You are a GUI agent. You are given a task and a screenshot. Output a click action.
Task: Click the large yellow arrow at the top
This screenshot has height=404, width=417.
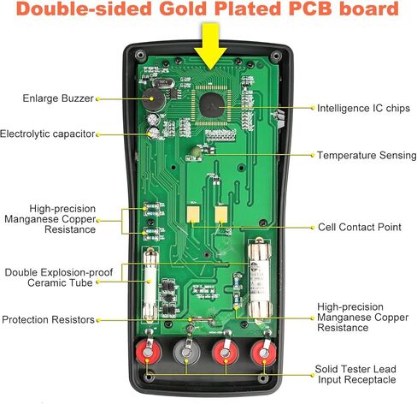210,45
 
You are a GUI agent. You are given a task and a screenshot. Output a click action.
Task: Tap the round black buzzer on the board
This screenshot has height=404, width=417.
153,99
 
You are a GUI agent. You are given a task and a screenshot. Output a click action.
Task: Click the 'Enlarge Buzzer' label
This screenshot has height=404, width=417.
58,98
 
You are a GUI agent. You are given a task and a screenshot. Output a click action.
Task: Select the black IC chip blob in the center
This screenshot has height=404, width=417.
212,105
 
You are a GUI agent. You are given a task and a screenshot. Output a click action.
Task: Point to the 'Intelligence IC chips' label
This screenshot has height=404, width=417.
363,108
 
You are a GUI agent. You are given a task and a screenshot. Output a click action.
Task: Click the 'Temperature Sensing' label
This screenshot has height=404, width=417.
367,155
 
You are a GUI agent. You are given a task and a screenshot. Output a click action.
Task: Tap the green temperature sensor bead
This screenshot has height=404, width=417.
197,151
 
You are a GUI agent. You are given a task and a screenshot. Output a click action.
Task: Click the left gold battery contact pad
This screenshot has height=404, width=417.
193,214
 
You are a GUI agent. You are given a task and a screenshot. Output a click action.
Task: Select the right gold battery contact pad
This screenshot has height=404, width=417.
221,214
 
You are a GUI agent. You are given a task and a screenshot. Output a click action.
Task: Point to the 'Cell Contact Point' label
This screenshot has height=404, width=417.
360,227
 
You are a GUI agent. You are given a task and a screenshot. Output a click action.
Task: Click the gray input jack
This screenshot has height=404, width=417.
186,353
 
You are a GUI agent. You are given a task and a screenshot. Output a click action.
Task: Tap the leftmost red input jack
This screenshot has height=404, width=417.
148,353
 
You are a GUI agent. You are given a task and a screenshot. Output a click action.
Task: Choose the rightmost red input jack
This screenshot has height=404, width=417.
263,353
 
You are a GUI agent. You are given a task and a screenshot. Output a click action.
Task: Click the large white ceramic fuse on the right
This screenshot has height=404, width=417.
260,281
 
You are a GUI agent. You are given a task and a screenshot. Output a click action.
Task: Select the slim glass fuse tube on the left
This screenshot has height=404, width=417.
150,285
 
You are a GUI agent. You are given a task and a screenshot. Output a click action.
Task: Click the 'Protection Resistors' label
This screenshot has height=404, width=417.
48,319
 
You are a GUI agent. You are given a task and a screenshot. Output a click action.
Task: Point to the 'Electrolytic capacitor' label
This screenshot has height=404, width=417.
47,134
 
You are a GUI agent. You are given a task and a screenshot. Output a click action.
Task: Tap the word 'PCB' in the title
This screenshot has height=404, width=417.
310,9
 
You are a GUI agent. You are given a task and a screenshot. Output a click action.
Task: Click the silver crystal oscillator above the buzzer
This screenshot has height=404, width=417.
163,83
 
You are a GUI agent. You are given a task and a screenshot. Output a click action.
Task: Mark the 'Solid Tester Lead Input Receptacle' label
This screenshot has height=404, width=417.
355,374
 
